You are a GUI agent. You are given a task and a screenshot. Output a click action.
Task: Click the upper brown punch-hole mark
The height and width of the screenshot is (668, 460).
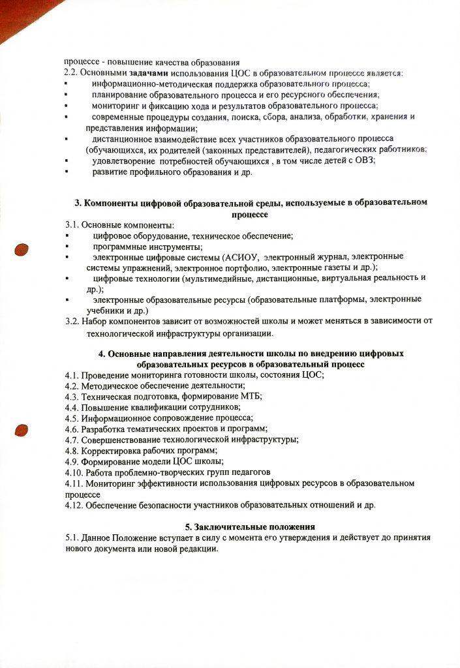[22, 249]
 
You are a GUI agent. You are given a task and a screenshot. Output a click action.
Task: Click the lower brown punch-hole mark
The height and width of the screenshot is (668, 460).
[22, 430]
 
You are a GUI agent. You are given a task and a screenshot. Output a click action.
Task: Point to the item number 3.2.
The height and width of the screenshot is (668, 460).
[72, 320]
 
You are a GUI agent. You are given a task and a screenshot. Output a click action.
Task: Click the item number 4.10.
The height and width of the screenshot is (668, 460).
[74, 472]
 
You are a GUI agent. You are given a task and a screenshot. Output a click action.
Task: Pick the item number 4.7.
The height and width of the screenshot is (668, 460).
[72, 439]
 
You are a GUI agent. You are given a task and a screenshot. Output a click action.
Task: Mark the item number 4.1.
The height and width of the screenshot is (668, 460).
[72, 375]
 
